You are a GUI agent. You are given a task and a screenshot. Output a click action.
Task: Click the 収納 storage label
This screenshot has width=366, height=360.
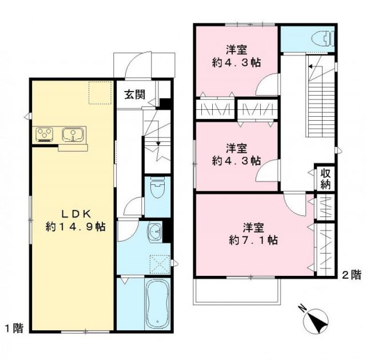(325, 178)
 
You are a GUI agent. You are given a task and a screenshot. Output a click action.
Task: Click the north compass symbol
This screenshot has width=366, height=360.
(314, 321)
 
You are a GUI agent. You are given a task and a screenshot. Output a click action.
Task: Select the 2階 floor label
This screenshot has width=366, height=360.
(352, 274)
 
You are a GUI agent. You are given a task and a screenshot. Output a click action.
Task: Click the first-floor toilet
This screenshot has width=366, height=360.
(157, 188)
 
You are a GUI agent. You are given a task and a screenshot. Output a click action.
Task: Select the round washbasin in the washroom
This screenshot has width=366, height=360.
(154, 232)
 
